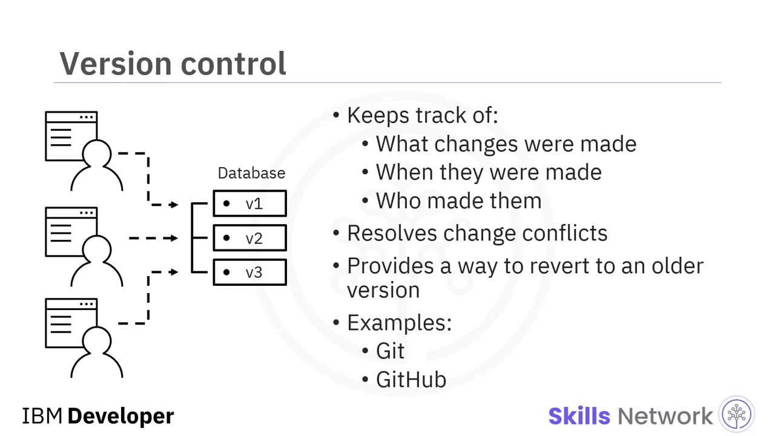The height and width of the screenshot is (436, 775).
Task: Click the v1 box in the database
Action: click(x=250, y=203)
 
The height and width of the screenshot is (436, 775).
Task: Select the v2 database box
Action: click(x=250, y=238)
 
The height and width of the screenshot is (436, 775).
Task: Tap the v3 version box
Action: click(x=250, y=272)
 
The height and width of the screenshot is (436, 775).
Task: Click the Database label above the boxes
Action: click(x=251, y=173)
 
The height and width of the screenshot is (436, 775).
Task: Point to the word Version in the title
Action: click(x=116, y=64)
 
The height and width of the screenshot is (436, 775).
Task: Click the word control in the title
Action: click(x=234, y=64)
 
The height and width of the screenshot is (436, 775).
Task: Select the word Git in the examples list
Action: click(x=391, y=351)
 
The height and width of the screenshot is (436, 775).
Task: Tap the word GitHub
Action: click(x=411, y=380)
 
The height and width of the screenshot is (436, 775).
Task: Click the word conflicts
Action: click(x=565, y=233)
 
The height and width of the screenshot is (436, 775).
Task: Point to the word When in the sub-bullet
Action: click(x=404, y=172)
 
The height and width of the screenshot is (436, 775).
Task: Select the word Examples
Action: click(x=399, y=323)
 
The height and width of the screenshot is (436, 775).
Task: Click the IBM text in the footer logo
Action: click(x=42, y=416)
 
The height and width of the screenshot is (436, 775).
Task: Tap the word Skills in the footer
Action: click(x=579, y=416)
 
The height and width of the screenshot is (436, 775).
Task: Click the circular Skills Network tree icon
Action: click(x=737, y=414)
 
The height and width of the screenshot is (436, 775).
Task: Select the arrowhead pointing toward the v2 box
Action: click(x=173, y=238)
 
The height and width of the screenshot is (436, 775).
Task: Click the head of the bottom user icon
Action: click(x=97, y=341)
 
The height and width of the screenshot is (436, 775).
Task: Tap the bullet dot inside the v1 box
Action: click(x=226, y=203)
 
